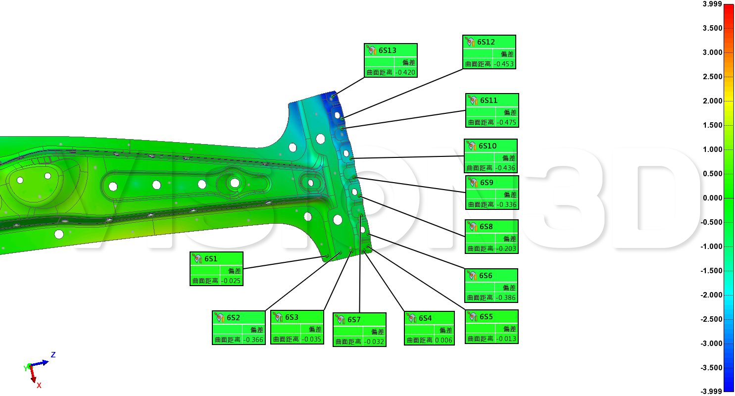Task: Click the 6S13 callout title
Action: (x=387, y=50)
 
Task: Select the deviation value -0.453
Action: (x=504, y=64)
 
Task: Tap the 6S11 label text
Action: (x=489, y=100)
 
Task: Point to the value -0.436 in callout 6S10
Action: (x=505, y=168)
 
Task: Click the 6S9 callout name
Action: (x=487, y=183)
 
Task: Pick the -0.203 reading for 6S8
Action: (x=506, y=248)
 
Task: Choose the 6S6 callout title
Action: (x=486, y=276)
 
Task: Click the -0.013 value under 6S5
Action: (x=506, y=339)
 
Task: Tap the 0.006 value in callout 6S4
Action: (x=443, y=340)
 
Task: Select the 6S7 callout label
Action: (x=354, y=320)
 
